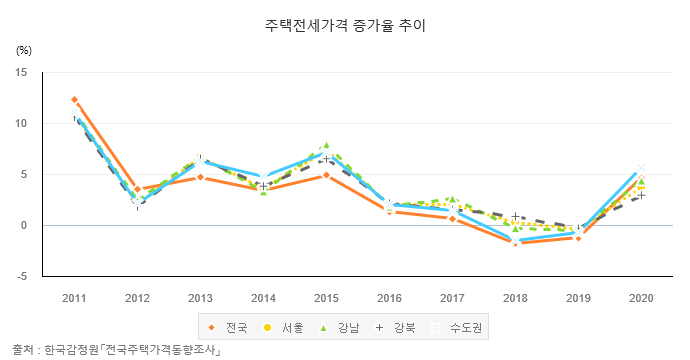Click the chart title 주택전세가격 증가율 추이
point(344,23)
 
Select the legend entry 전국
point(229,327)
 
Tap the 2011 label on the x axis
point(74,298)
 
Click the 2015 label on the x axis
point(326,298)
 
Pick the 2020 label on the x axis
point(641,298)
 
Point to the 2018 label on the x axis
point(515,298)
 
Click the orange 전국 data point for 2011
point(74,100)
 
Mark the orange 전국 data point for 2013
point(200,177)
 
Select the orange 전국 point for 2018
point(515,243)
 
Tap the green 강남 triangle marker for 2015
point(326,145)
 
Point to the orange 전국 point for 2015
point(326,175)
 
